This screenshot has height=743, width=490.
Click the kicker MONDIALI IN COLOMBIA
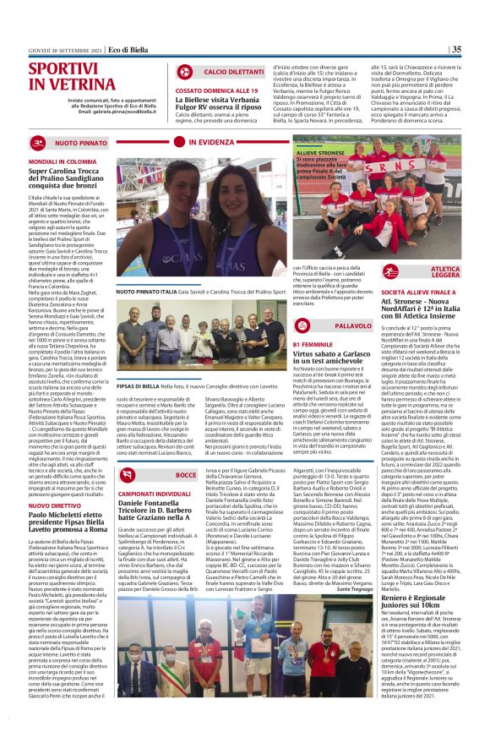[63, 159]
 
